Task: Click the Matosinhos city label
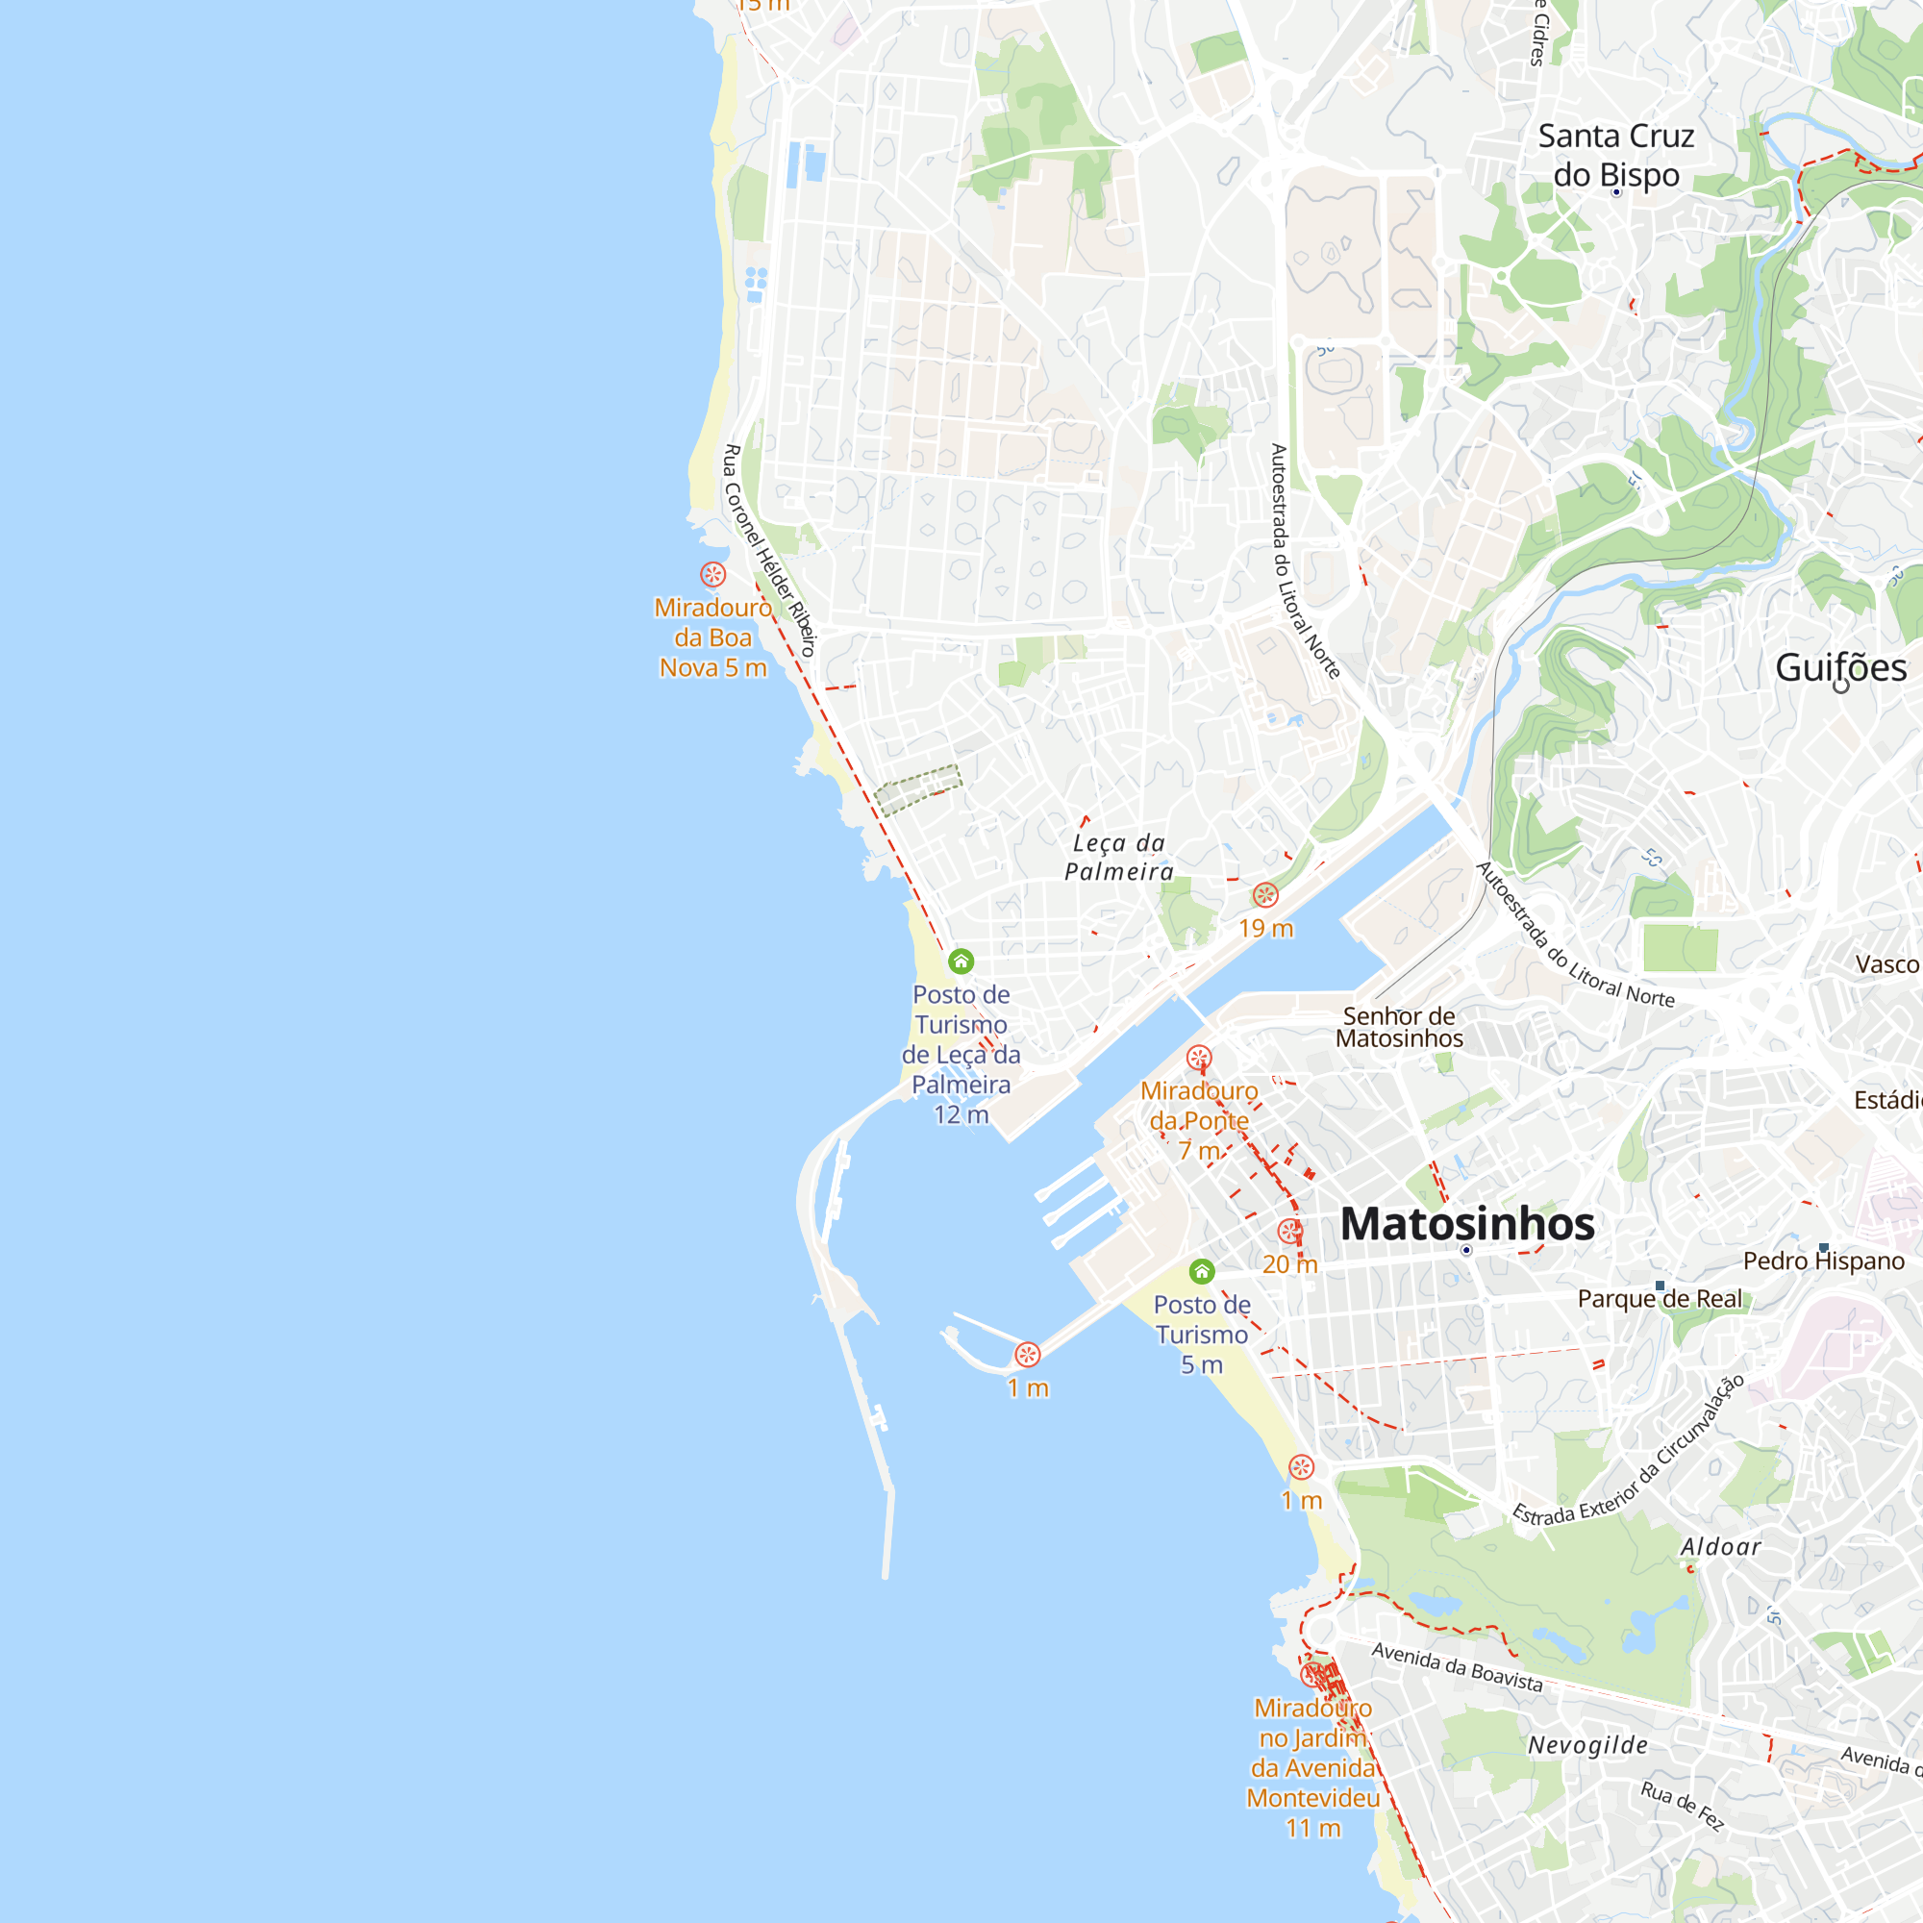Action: [x=1467, y=1223]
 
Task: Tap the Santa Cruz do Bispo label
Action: [x=1615, y=154]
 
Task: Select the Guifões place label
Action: [x=1840, y=667]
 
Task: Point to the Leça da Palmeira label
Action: [x=1119, y=857]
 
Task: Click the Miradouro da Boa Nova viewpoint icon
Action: [x=712, y=574]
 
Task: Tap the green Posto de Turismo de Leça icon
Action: [x=961, y=961]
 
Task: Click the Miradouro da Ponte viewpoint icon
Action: [x=1199, y=1057]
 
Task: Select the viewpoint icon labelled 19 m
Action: [x=1265, y=895]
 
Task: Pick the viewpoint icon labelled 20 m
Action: [x=1290, y=1233]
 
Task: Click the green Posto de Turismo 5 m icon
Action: [x=1201, y=1271]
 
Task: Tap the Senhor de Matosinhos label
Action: [x=1398, y=1027]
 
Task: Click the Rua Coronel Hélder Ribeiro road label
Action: [x=768, y=550]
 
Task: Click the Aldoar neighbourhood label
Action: [x=1720, y=1547]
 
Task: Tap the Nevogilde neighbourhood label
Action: [x=1587, y=1745]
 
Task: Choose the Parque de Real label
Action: [x=1660, y=1299]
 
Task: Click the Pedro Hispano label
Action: [x=1823, y=1261]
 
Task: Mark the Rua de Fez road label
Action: [x=1681, y=1806]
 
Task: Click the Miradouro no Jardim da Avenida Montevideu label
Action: [x=1312, y=1768]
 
